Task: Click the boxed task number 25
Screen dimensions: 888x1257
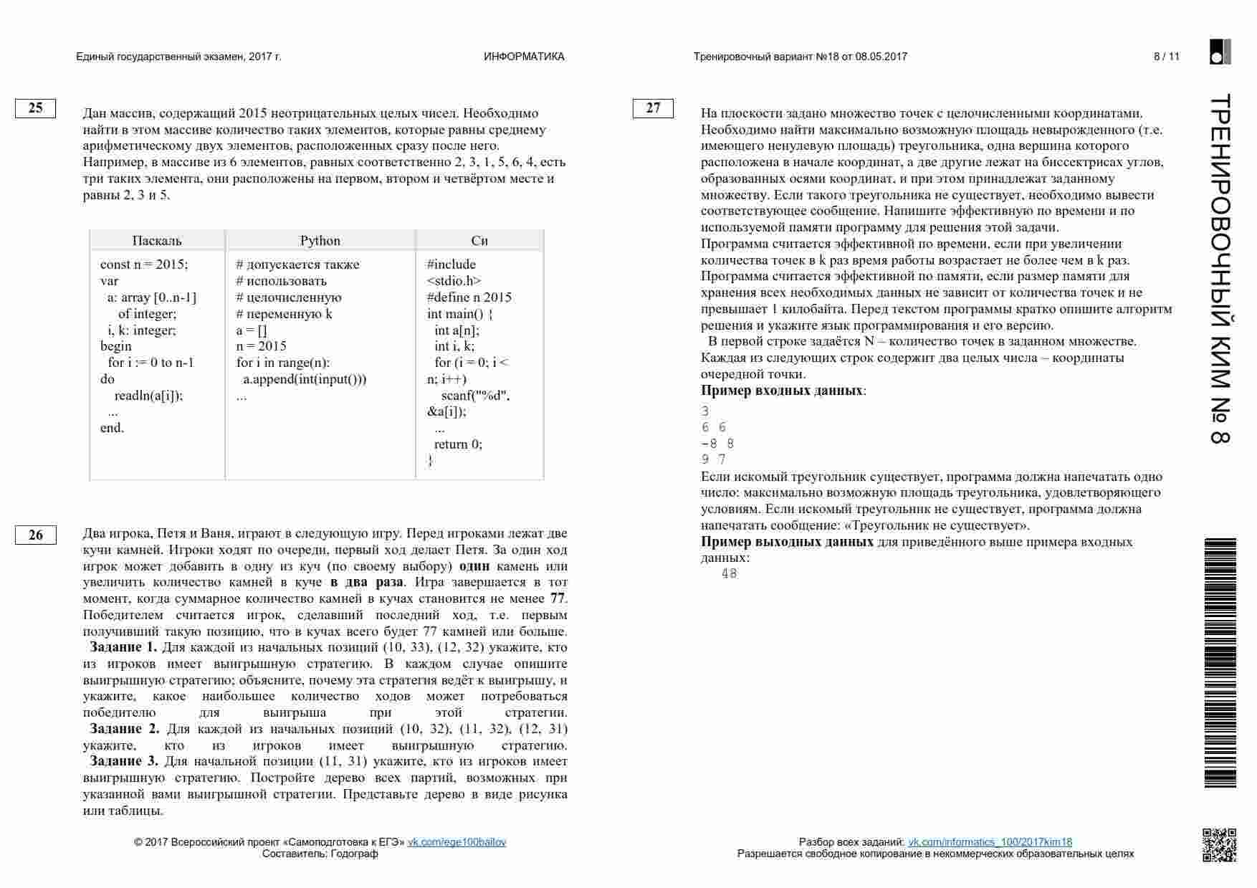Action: click(35, 108)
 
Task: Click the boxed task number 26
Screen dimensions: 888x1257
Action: click(35, 535)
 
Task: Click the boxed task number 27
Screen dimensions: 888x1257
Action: click(653, 108)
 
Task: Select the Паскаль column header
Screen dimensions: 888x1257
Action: click(157, 241)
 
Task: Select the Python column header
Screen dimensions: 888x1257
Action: click(320, 241)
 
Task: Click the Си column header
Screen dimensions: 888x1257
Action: click(479, 241)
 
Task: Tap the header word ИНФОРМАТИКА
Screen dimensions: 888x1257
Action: click(524, 57)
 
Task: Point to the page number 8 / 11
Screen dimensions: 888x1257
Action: click(1166, 57)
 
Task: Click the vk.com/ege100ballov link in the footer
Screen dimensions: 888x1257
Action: click(457, 842)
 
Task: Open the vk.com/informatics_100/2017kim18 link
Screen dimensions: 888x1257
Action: click(990, 842)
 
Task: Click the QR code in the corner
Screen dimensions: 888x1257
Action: click(1219, 845)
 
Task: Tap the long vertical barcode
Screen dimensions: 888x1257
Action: click(1220, 663)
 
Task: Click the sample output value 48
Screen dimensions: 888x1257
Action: click(730, 573)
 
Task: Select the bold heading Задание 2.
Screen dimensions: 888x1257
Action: click(125, 729)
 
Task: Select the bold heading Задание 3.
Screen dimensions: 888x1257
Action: click(124, 761)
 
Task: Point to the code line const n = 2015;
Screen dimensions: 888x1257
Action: click(144, 264)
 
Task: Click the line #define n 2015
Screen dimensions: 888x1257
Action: click(469, 297)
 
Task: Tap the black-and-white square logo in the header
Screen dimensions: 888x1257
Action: click(1220, 52)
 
